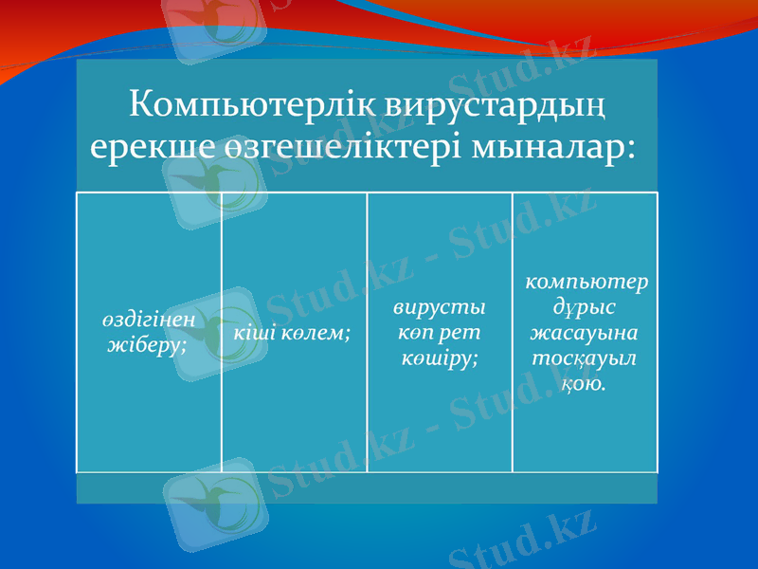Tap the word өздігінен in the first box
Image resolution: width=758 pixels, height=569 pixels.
click(x=149, y=320)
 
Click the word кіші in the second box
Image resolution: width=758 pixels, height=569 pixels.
click(x=255, y=333)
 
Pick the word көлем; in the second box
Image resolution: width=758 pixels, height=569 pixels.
click(x=316, y=333)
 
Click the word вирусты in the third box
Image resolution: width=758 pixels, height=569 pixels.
click(x=439, y=309)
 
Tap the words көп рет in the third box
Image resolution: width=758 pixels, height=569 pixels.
click(x=439, y=334)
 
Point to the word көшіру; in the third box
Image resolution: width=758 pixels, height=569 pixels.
click(x=439, y=358)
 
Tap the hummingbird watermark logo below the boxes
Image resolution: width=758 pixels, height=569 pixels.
click(x=210, y=505)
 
